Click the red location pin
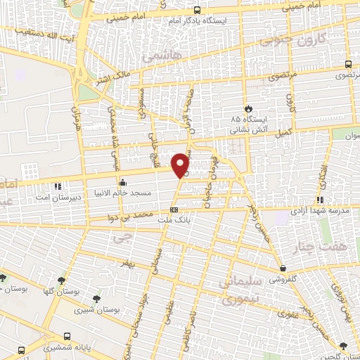pos(181,164)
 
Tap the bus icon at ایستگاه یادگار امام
pos(197,11)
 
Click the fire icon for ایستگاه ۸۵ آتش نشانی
pos(247,108)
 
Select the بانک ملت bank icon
pos(174,210)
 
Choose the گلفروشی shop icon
pos(283,267)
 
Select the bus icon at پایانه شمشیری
pos(67,336)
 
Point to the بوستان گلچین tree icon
pos(342,345)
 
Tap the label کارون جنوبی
pos(288,39)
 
